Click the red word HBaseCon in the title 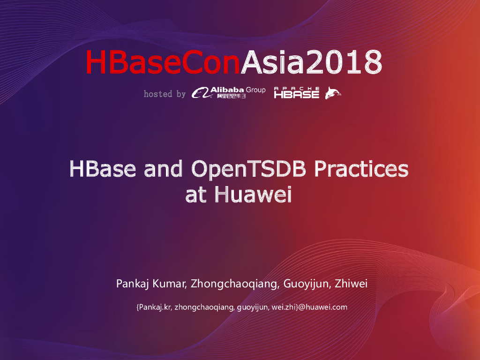pos(162,62)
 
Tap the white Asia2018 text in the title pos(311,62)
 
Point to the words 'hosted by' pos(165,94)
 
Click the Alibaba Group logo pos(228,92)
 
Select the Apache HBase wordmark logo pos(297,92)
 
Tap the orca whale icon pos(333,93)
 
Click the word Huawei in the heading pos(253,195)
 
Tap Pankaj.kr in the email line pos(154,307)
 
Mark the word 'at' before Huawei pos(196,195)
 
